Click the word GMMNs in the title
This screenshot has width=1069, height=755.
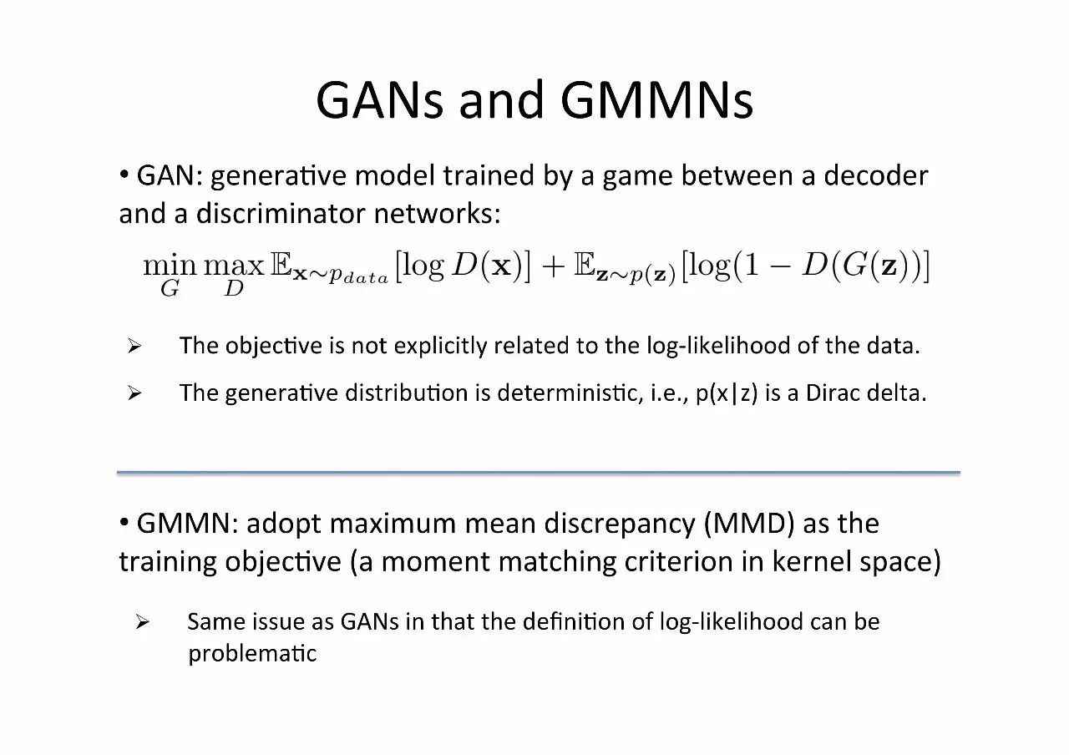[x=656, y=100]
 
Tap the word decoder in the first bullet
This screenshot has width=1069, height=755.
[x=876, y=175]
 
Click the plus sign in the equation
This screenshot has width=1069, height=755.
[x=552, y=267]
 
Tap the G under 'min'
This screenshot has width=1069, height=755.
[x=170, y=290]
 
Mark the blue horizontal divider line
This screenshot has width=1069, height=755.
[x=538, y=473]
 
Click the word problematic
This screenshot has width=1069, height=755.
[x=252, y=652]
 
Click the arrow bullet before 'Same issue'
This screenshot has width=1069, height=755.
[x=142, y=622]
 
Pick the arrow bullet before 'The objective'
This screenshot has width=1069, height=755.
[x=134, y=347]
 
